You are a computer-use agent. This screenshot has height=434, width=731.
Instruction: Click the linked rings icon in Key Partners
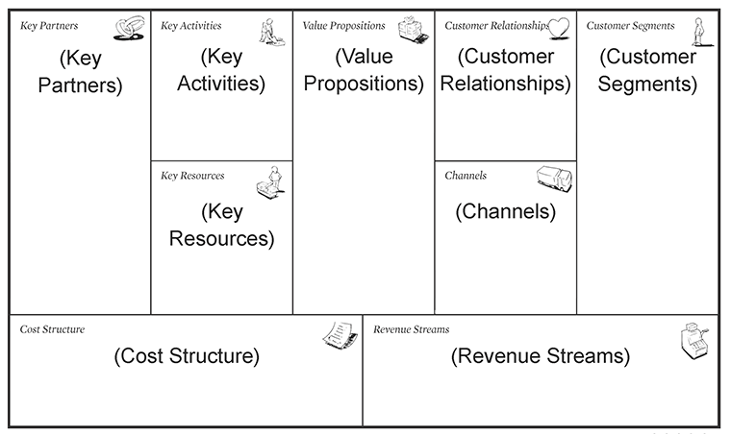pyautogui.click(x=129, y=28)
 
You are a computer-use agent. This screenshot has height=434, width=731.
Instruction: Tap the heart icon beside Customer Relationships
pyautogui.click(x=559, y=28)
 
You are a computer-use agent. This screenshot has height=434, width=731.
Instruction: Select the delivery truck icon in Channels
pyautogui.click(x=554, y=179)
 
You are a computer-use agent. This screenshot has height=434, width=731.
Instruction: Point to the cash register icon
pyautogui.click(x=694, y=341)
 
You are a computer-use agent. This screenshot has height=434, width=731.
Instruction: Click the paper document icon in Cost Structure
pyautogui.click(x=340, y=334)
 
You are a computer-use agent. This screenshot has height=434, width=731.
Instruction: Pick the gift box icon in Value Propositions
pyautogui.click(x=413, y=30)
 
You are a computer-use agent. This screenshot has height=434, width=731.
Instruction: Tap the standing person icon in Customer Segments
pyautogui.click(x=700, y=32)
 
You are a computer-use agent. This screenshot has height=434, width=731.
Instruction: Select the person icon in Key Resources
pyautogui.click(x=271, y=182)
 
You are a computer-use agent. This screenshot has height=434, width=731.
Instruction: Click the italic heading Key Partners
pyautogui.click(x=49, y=26)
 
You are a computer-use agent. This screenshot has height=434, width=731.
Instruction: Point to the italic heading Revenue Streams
pyautogui.click(x=412, y=329)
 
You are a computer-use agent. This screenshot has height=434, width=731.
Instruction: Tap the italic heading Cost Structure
pyautogui.click(x=52, y=329)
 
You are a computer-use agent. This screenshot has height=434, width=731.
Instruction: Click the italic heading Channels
pyautogui.click(x=466, y=176)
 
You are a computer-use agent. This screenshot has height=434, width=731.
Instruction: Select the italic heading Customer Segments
pyautogui.click(x=630, y=26)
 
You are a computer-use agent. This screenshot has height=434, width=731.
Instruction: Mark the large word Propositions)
pyautogui.click(x=364, y=84)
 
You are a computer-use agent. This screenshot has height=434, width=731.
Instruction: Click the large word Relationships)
pyautogui.click(x=505, y=84)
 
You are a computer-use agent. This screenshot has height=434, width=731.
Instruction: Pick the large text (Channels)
pyautogui.click(x=505, y=211)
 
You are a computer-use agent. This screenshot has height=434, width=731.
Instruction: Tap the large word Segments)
pyautogui.click(x=647, y=84)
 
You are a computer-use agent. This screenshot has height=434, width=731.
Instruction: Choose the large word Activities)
pyautogui.click(x=221, y=84)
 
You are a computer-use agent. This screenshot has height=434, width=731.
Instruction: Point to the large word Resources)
pyautogui.click(x=221, y=239)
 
